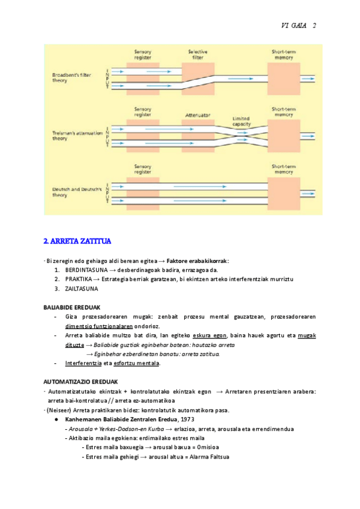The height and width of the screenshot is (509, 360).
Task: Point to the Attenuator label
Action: [196, 113]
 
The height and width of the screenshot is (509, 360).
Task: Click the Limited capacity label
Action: [240, 121]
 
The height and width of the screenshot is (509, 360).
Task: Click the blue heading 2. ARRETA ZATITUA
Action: [77, 241]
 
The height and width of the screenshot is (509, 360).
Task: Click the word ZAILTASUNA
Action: [82, 289]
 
